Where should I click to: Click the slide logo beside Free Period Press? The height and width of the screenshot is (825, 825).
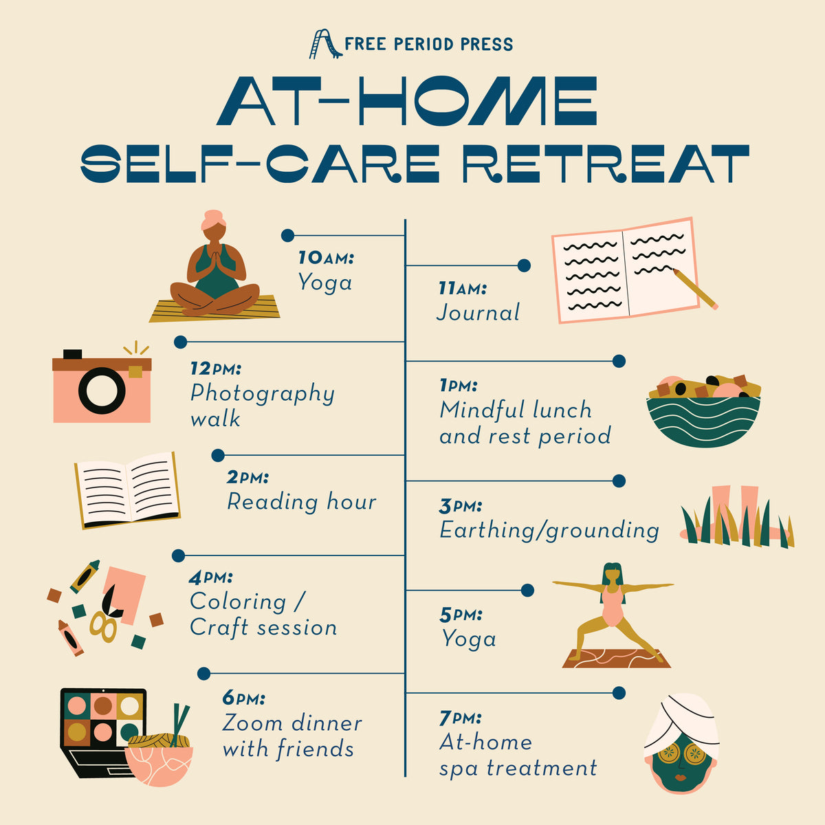pos(325,44)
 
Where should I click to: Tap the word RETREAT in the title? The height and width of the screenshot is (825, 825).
pos(606,164)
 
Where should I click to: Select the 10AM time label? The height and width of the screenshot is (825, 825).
pos(327,258)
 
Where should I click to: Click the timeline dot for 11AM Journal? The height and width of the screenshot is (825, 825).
pos(524,265)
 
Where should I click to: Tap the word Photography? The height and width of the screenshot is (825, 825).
pos(263,394)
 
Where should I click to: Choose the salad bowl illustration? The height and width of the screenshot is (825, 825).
pos(703,410)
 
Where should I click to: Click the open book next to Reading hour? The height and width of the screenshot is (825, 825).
pos(128,491)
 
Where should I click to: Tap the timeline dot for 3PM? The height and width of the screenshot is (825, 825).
pos(619,481)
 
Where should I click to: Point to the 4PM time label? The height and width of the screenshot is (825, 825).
pos(210,577)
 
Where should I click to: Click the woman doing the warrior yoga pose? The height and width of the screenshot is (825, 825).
pos(613,613)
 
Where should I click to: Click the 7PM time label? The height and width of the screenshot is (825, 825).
pos(460,718)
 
